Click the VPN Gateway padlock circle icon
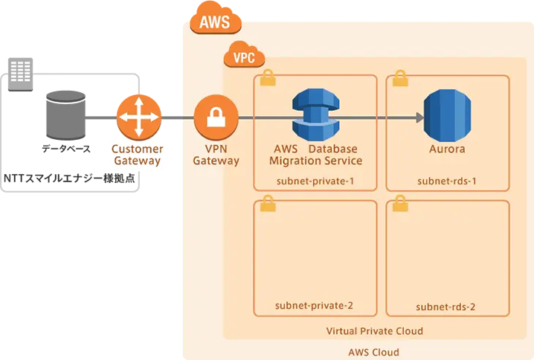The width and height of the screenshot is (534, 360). tap(215, 117)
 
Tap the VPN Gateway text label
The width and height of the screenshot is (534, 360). tap(216, 155)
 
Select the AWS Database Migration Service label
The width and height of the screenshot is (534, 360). tap(313, 155)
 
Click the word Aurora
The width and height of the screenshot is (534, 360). tap(447, 150)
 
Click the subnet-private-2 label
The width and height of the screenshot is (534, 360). tap(313, 306)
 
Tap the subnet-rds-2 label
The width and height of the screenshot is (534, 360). tap(447, 306)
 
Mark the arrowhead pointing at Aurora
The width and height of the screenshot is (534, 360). tap(419, 117)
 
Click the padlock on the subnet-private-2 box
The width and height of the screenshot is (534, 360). tap(266, 203)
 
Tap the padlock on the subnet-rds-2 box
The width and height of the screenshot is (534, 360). tap(399, 203)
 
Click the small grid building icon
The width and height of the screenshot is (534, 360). tap(19, 71)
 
